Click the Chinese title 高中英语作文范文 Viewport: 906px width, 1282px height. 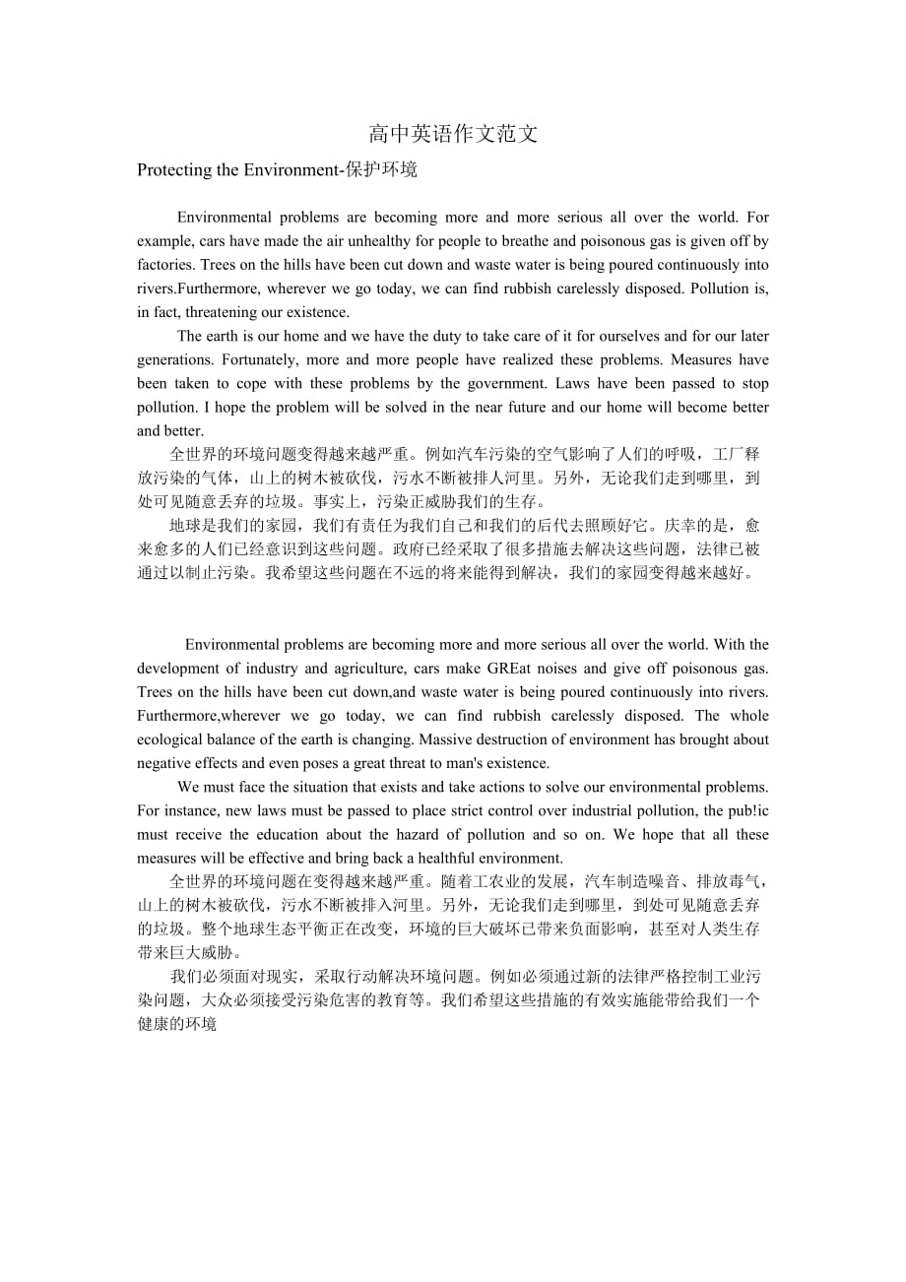click(453, 134)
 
